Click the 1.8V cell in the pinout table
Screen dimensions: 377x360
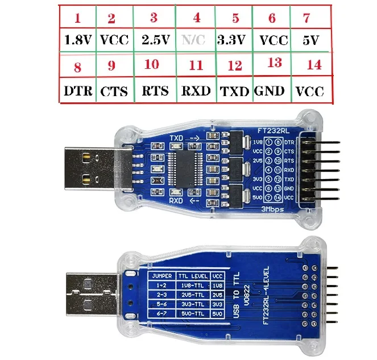pos(77,40)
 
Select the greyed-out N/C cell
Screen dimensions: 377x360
pos(196,40)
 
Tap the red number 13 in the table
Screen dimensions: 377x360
pos(274,63)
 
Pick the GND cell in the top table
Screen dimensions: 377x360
pos(270,91)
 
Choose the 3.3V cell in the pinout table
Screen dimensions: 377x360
pos(231,40)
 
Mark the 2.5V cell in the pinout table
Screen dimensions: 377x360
pos(155,40)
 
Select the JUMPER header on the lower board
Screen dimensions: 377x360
pos(160,276)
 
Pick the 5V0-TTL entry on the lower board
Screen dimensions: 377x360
pos(192,314)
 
